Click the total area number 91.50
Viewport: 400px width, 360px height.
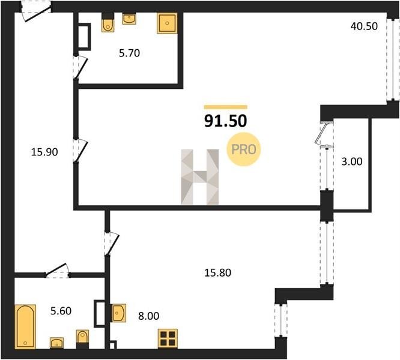coord(225,121)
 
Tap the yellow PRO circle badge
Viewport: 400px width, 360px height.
coord(244,149)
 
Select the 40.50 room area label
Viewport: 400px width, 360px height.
coord(364,26)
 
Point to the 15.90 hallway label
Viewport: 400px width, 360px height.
coord(44,152)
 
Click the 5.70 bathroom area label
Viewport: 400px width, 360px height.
coord(129,53)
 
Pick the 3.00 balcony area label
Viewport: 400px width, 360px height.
coord(352,161)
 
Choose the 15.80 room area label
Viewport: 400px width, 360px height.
coord(218,272)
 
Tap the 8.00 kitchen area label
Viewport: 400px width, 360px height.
coord(149,316)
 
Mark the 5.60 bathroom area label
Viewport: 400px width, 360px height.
coord(61,311)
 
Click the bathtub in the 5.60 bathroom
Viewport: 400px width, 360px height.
coord(25,326)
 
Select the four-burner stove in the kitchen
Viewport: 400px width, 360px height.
coord(168,338)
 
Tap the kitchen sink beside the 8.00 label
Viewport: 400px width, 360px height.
coord(119,313)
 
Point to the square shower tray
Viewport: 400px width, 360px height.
coord(167,23)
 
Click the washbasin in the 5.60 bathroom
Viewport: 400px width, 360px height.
coord(56,343)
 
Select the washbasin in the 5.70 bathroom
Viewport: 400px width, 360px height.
coord(129,19)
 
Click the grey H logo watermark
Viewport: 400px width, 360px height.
coord(200,177)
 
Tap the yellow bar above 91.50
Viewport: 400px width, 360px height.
coord(225,107)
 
